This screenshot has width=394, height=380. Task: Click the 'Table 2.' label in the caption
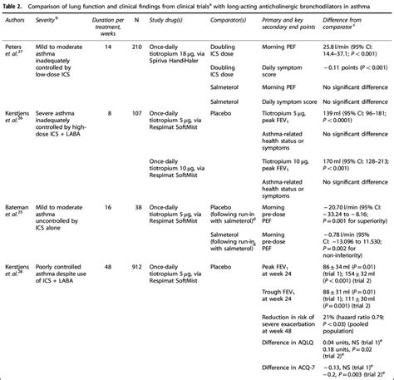click(16, 7)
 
